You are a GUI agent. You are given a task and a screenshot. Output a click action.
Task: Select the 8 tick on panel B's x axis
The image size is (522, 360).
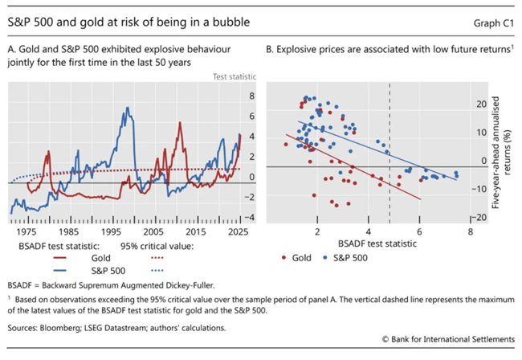470,230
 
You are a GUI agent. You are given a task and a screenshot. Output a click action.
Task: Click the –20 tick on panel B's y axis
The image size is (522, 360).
480,218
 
